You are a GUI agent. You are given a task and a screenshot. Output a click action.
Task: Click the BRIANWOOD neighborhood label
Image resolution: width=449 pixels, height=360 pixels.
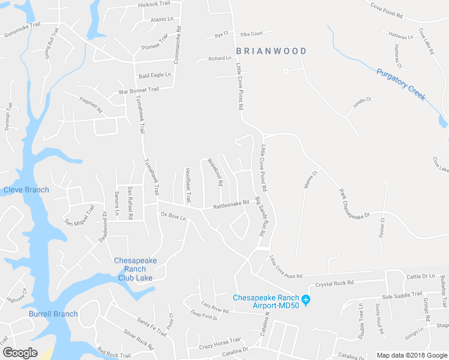click(x=271, y=52)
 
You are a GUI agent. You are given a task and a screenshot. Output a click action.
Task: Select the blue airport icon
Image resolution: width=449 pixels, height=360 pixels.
click(x=306, y=299)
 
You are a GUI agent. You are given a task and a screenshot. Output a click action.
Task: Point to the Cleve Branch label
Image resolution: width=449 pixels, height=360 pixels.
click(x=26, y=190)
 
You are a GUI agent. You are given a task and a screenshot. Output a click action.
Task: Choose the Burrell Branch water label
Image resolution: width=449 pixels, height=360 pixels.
click(x=53, y=314)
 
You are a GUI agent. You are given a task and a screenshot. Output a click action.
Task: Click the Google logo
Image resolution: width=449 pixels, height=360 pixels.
click(x=20, y=352)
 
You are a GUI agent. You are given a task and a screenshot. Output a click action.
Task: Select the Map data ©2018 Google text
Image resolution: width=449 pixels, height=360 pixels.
click(x=412, y=355)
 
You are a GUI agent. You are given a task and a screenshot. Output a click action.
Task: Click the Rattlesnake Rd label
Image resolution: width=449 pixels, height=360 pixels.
click(x=231, y=205)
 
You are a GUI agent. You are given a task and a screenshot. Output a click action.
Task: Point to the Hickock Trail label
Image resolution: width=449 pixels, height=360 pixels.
click(x=155, y=4)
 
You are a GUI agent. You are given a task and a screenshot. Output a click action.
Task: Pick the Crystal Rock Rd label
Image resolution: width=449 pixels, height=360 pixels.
click(x=334, y=283)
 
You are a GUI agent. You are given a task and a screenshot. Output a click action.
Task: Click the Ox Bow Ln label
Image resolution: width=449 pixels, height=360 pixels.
click(x=173, y=215)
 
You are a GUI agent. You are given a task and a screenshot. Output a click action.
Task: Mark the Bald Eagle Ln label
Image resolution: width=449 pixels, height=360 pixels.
click(x=155, y=76)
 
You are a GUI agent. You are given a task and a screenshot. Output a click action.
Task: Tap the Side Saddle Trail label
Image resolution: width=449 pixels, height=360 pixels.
click(x=402, y=297)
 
